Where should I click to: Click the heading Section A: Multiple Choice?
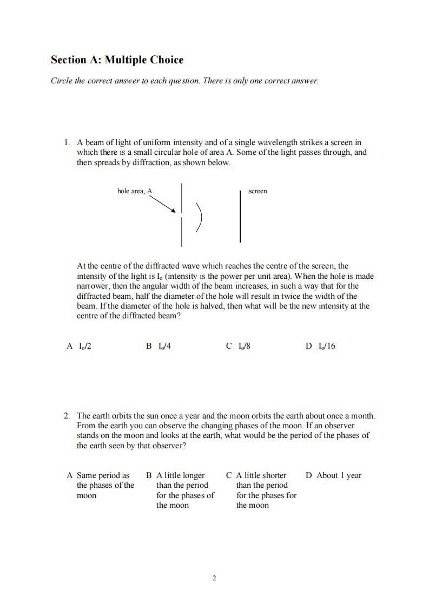tap(117, 60)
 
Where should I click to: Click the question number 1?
tap(67, 142)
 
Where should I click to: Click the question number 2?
tap(67, 416)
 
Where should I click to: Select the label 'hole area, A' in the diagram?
tap(135, 191)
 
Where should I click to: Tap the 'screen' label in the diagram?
tap(258, 191)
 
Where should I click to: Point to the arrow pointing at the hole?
tap(162, 204)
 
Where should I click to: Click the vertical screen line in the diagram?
tap(240, 216)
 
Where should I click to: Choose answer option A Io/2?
tap(79, 346)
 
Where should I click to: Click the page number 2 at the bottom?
tap(214, 578)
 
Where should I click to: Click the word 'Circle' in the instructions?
tap(62, 81)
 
